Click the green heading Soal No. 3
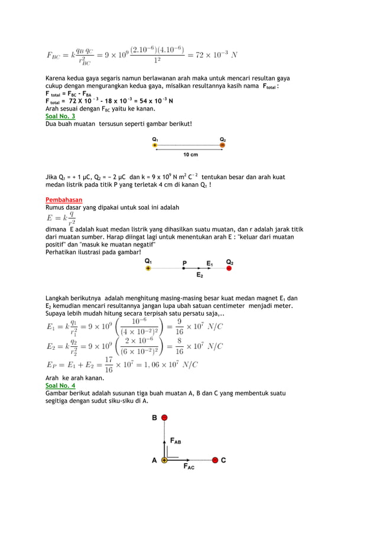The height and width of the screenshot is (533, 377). coord(60,116)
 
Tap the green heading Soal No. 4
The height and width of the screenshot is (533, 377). coord(60,385)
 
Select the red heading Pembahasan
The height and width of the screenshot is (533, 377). coord(64,200)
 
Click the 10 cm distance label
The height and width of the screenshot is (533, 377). coord(190,155)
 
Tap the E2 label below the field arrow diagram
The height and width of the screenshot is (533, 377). coord(200,275)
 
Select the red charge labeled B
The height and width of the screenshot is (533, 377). coord(164,418)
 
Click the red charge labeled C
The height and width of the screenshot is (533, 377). coord(216,460)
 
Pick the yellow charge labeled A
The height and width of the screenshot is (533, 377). coord(164,460)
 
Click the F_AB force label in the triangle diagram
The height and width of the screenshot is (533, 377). coord(175,441)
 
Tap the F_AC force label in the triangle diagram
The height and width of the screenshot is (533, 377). coord(188,467)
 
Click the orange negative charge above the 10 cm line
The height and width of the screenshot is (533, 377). coord(222,145)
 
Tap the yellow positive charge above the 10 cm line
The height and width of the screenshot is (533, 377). coord(155,145)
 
